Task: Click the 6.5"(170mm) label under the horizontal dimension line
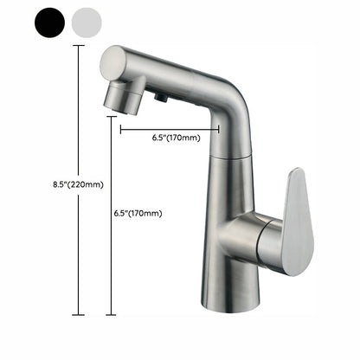coord(176,138)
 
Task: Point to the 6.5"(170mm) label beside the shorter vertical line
coord(138,213)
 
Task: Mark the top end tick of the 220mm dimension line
coord(80,46)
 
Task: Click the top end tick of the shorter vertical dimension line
coord(110,118)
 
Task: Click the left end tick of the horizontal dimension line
coord(121,129)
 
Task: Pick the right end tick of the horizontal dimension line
coord(219,129)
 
